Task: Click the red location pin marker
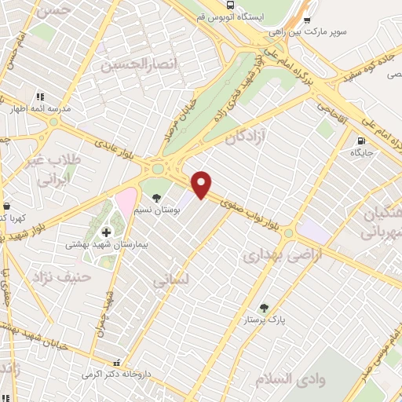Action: (202, 184)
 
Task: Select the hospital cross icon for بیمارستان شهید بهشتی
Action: (107, 232)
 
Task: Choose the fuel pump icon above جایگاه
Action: (360, 142)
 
